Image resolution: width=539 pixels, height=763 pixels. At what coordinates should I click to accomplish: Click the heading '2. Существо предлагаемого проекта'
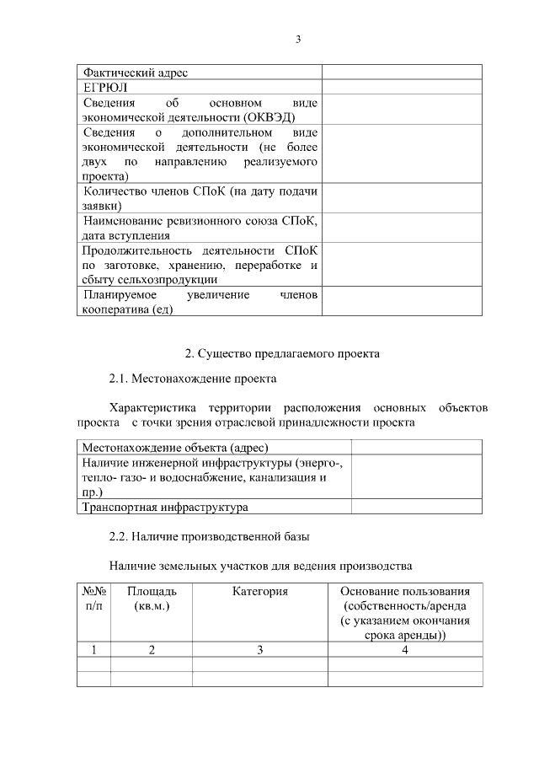click(282, 353)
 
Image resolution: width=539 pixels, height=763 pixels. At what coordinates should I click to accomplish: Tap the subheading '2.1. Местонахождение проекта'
click(193, 379)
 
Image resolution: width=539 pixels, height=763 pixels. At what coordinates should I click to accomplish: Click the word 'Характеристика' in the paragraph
click(152, 407)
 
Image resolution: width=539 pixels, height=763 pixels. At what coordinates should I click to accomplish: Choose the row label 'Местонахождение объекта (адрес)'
click(180, 447)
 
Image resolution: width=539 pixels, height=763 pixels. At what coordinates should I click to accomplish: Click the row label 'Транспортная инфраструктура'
click(164, 508)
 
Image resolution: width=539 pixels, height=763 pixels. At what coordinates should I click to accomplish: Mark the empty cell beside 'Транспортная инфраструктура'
click(417, 508)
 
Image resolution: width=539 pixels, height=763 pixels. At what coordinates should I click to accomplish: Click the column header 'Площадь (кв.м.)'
click(152, 599)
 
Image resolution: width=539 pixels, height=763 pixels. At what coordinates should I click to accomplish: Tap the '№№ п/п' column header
click(93, 599)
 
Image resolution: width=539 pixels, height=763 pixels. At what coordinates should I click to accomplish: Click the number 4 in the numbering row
click(405, 649)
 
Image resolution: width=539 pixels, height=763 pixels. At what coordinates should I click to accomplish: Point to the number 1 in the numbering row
click(93, 649)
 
